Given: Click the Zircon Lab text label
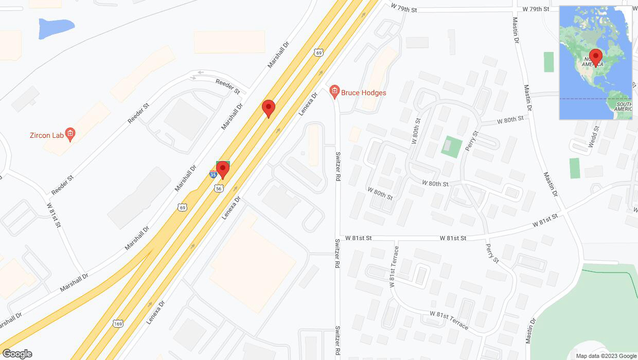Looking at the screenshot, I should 46,135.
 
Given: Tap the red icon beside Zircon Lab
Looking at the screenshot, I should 71,135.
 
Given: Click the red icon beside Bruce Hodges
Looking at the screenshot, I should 334,93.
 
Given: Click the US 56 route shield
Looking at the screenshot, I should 220,188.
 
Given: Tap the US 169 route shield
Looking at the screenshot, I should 118,324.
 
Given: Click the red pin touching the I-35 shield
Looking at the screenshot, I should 223,169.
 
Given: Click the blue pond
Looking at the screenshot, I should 56,28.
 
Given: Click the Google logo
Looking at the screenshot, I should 17,354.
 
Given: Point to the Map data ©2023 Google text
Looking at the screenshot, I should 606,356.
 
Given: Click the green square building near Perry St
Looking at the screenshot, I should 452,147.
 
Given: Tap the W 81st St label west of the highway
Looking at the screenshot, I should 54,215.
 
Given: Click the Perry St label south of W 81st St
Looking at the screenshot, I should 492,253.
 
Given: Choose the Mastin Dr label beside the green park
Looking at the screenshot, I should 531,331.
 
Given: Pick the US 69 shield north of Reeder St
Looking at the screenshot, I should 319,52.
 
